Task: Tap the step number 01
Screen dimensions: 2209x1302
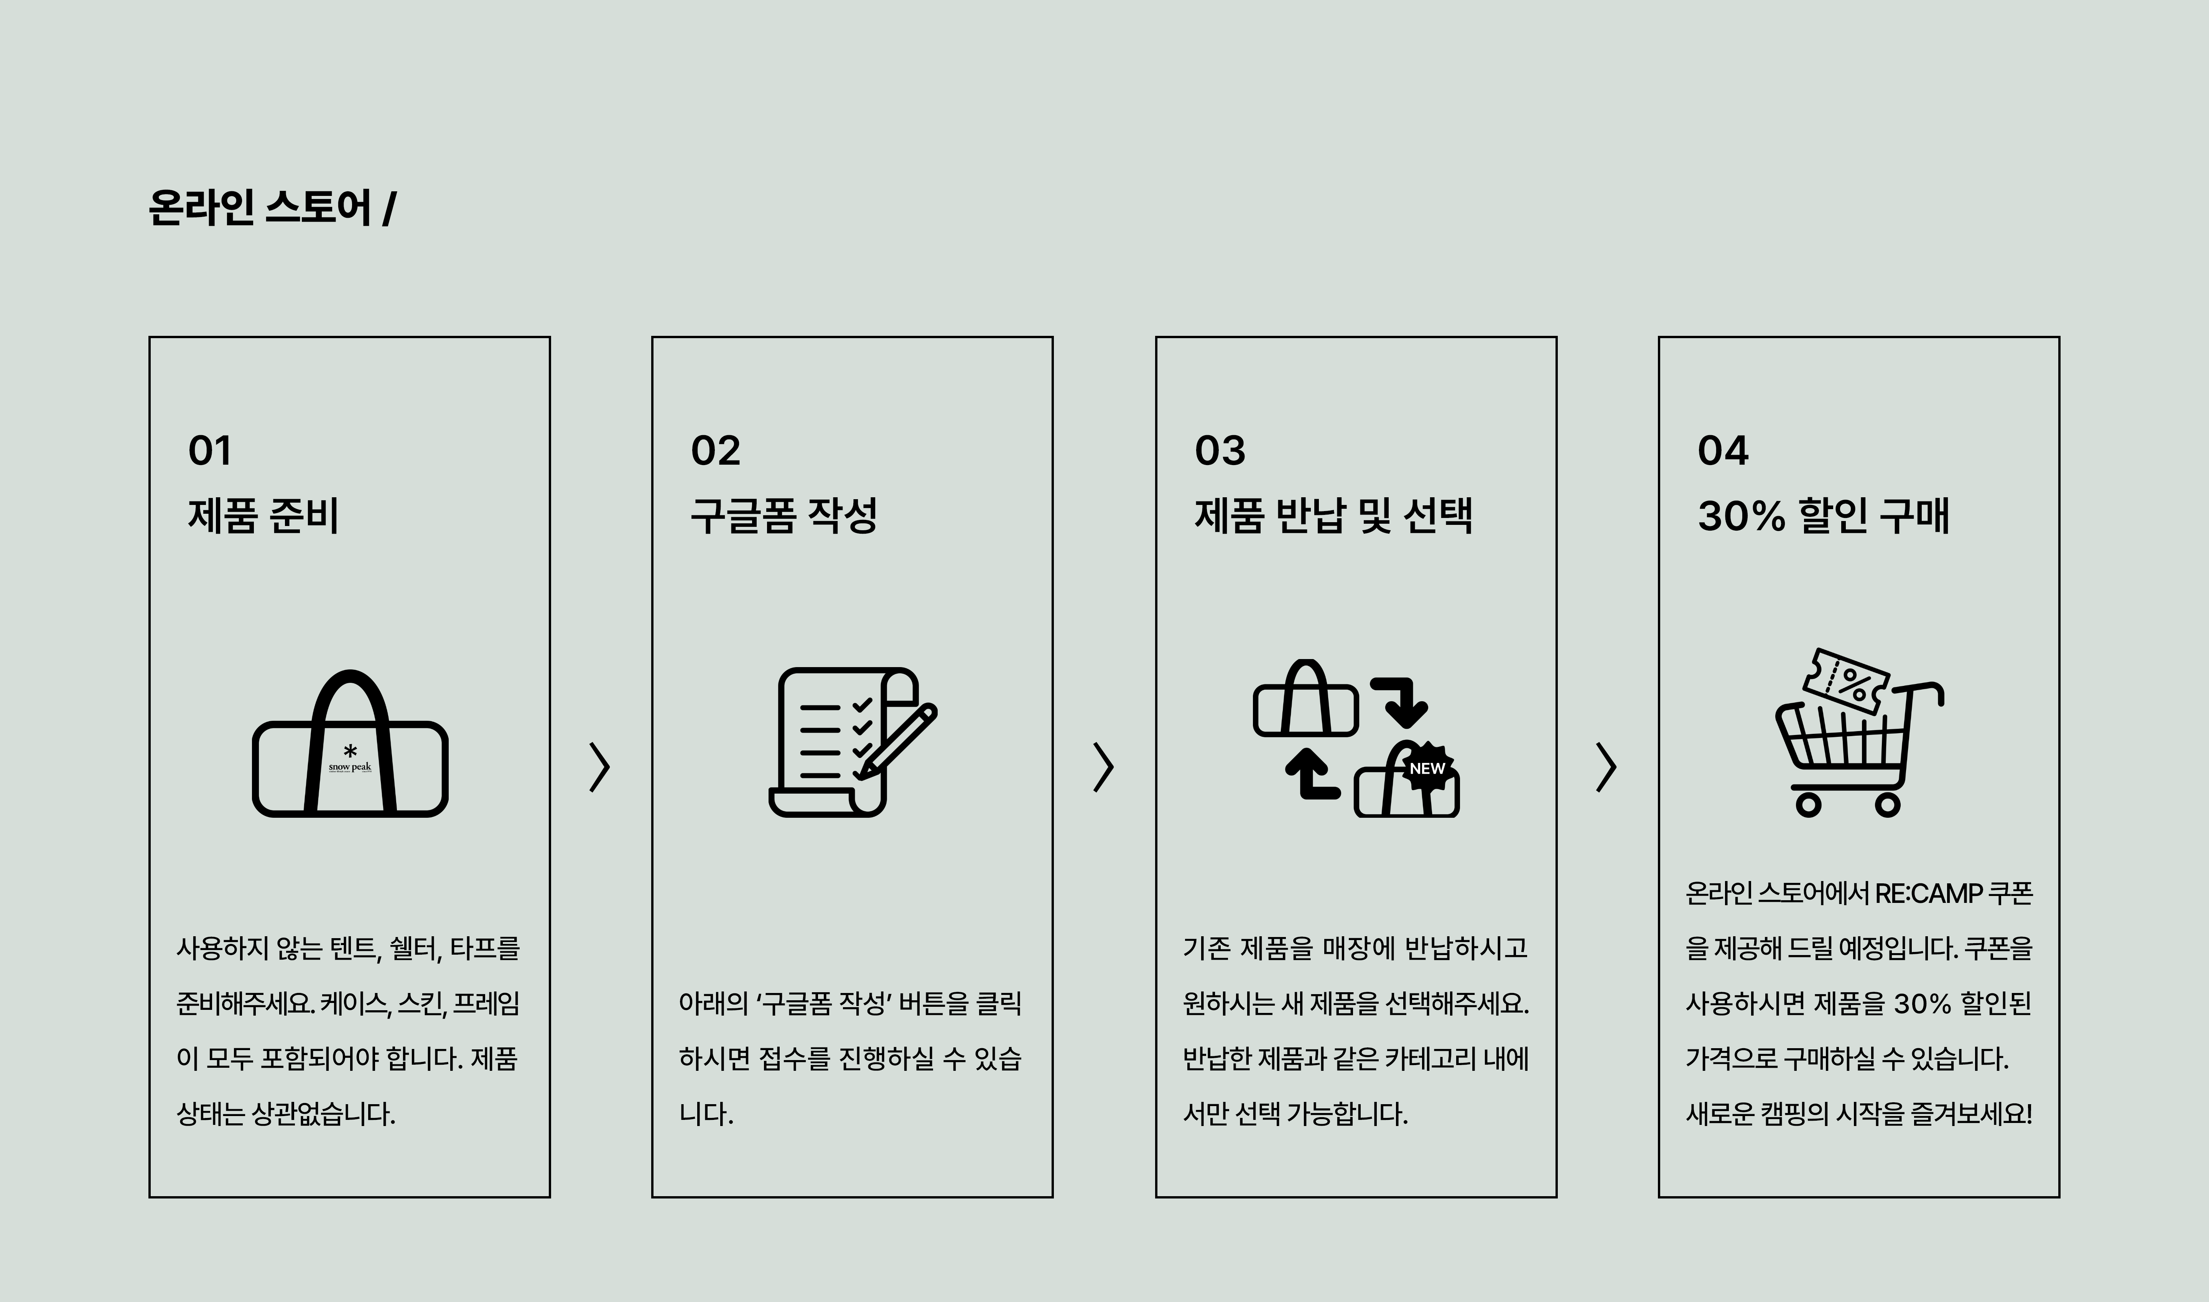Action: [x=210, y=451]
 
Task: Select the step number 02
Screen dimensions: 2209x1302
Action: [x=715, y=451]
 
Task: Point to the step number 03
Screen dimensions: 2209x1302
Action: [x=1220, y=451]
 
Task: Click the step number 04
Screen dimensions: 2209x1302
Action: [x=1723, y=451]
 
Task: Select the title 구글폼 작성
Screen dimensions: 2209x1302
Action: [x=784, y=515]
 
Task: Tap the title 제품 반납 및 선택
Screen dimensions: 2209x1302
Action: [x=1333, y=515]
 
